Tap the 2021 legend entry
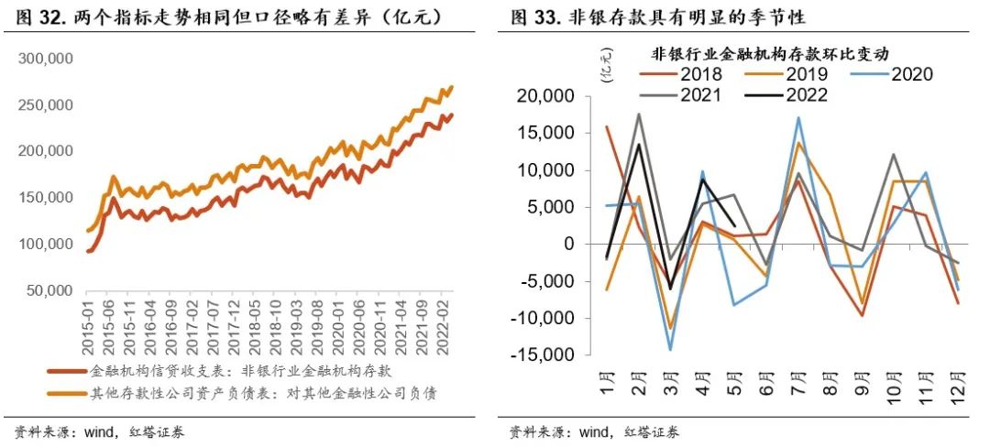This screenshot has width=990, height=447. (x=698, y=95)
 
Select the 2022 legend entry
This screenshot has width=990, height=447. (x=806, y=95)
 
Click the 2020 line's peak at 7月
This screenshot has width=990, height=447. (x=798, y=117)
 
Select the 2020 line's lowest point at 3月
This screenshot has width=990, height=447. (x=671, y=350)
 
